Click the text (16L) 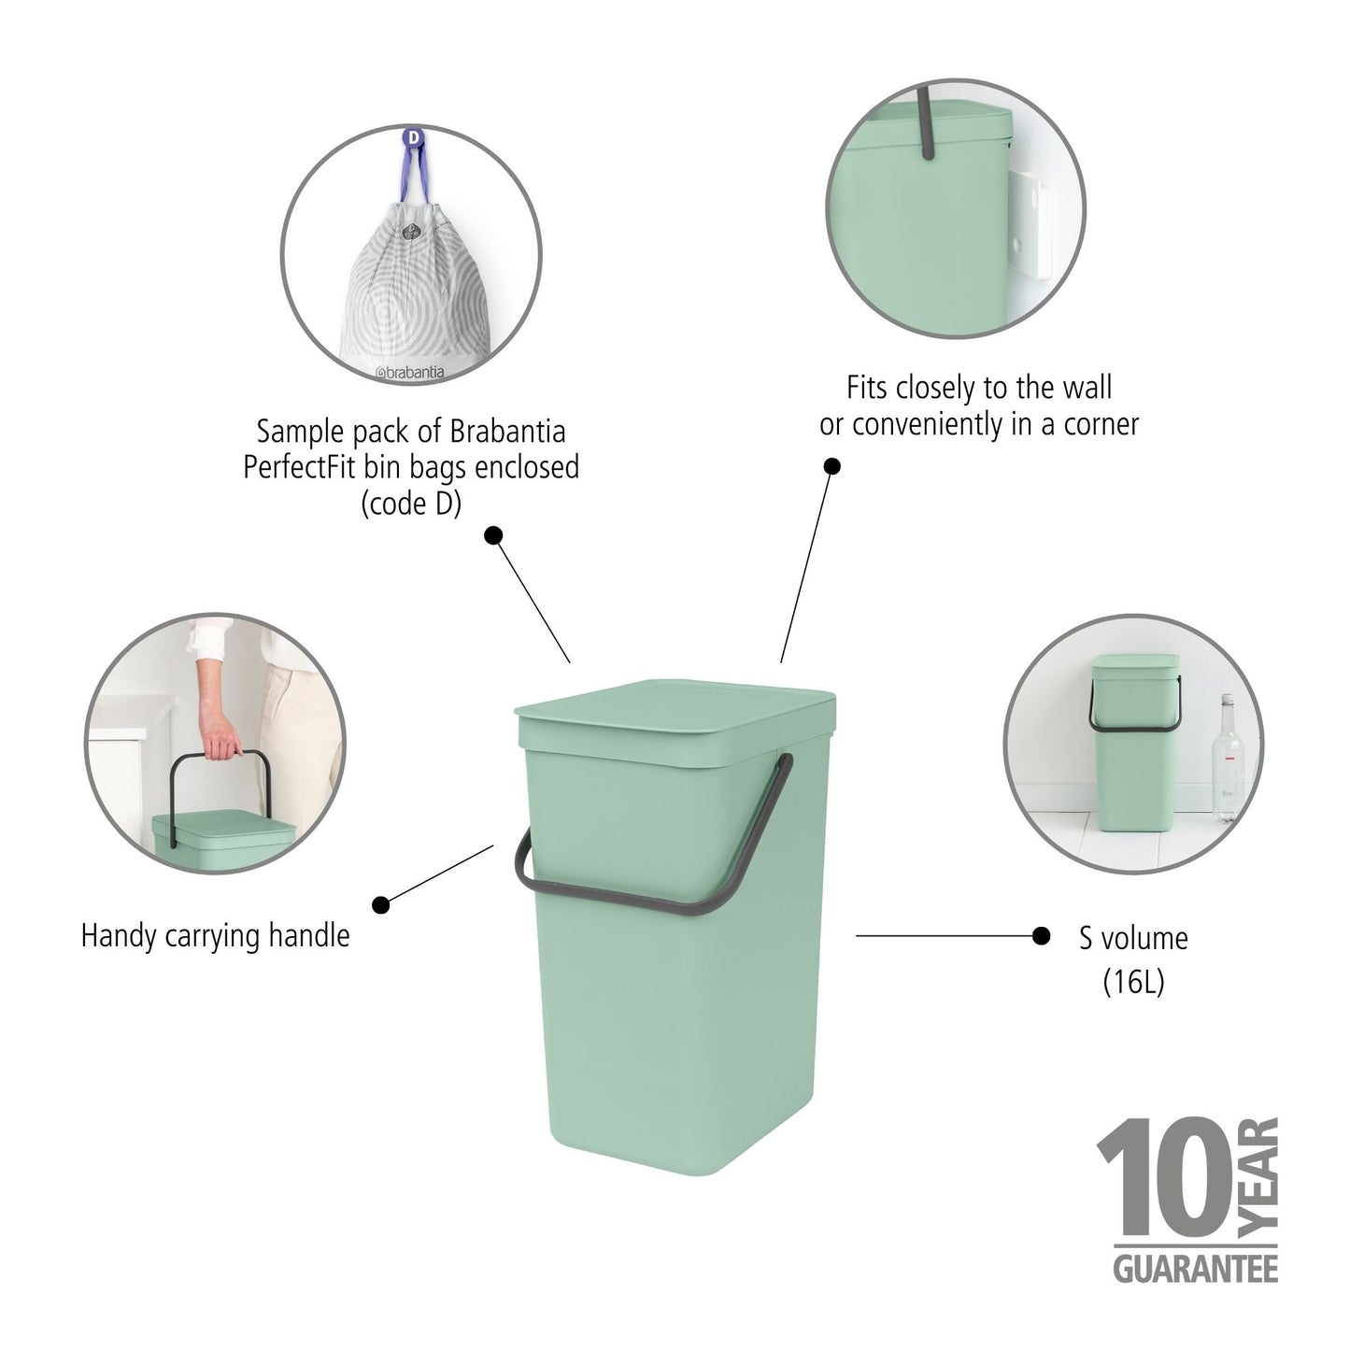(x=1133, y=981)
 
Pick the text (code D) (x=411, y=504)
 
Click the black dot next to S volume (x=1041, y=935)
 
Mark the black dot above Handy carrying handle (x=381, y=904)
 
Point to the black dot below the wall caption (x=831, y=465)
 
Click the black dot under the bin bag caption (x=494, y=535)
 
